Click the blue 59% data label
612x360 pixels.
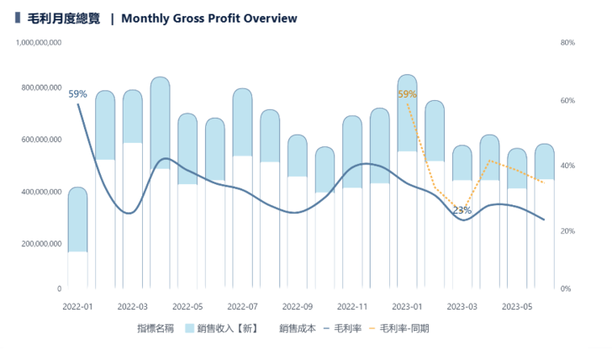click(77, 94)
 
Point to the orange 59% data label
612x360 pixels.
click(407, 94)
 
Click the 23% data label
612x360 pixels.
click(462, 210)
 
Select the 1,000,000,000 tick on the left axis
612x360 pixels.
click(39, 42)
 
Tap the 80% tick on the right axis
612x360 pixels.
click(567, 42)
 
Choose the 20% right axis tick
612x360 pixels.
click(567, 230)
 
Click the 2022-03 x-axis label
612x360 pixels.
click(132, 306)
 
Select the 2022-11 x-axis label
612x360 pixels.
click(351, 306)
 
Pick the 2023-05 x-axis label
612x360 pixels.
click(516, 306)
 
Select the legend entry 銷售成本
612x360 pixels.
click(298, 328)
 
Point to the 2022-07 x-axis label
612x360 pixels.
click(242, 306)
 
